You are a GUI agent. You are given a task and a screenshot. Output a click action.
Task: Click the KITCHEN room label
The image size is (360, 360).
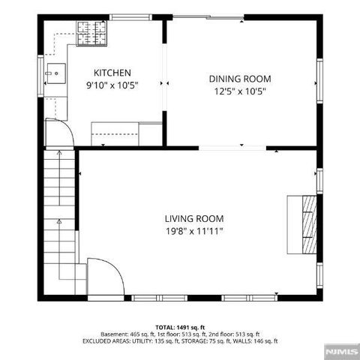click(x=112, y=72)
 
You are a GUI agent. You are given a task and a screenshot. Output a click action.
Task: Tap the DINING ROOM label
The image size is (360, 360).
click(x=240, y=79)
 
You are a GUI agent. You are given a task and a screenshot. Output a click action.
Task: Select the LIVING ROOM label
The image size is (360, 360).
click(x=194, y=219)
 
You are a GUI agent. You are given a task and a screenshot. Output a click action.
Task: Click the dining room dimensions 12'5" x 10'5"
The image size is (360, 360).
click(x=240, y=91)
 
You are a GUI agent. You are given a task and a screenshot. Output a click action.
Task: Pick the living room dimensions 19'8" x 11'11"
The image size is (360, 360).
click(x=194, y=232)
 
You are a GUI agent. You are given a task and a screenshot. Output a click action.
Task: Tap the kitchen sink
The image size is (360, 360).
click(x=55, y=73)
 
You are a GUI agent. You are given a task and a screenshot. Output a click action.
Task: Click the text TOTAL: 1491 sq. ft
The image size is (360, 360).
click(x=180, y=328)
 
